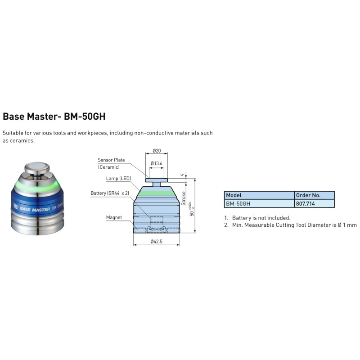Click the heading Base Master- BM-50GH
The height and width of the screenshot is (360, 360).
pyautogui.click(x=54, y=116)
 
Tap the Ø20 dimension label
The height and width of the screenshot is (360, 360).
pyautogui.click(x=157, y=151)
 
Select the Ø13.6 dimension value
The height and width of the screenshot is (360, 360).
pyautogui.click(x=156, y=163)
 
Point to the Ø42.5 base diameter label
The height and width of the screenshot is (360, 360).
pyautogui.click(x=156, y=241)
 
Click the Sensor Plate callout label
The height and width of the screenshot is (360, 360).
pyautogui.click(x=111, y=160)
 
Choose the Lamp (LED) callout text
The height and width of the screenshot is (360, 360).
pyautogui.click(x=118, y=178)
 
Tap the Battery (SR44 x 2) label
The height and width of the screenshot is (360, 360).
pyautogui.click(x=110, y=193)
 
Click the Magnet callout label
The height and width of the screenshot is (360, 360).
pyautogui.click(x=114, y=217)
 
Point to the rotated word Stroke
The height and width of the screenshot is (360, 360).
pyautogui.click(x=183, y=198)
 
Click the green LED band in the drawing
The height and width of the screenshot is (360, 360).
pyautogui.click(x=156, y=193)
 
